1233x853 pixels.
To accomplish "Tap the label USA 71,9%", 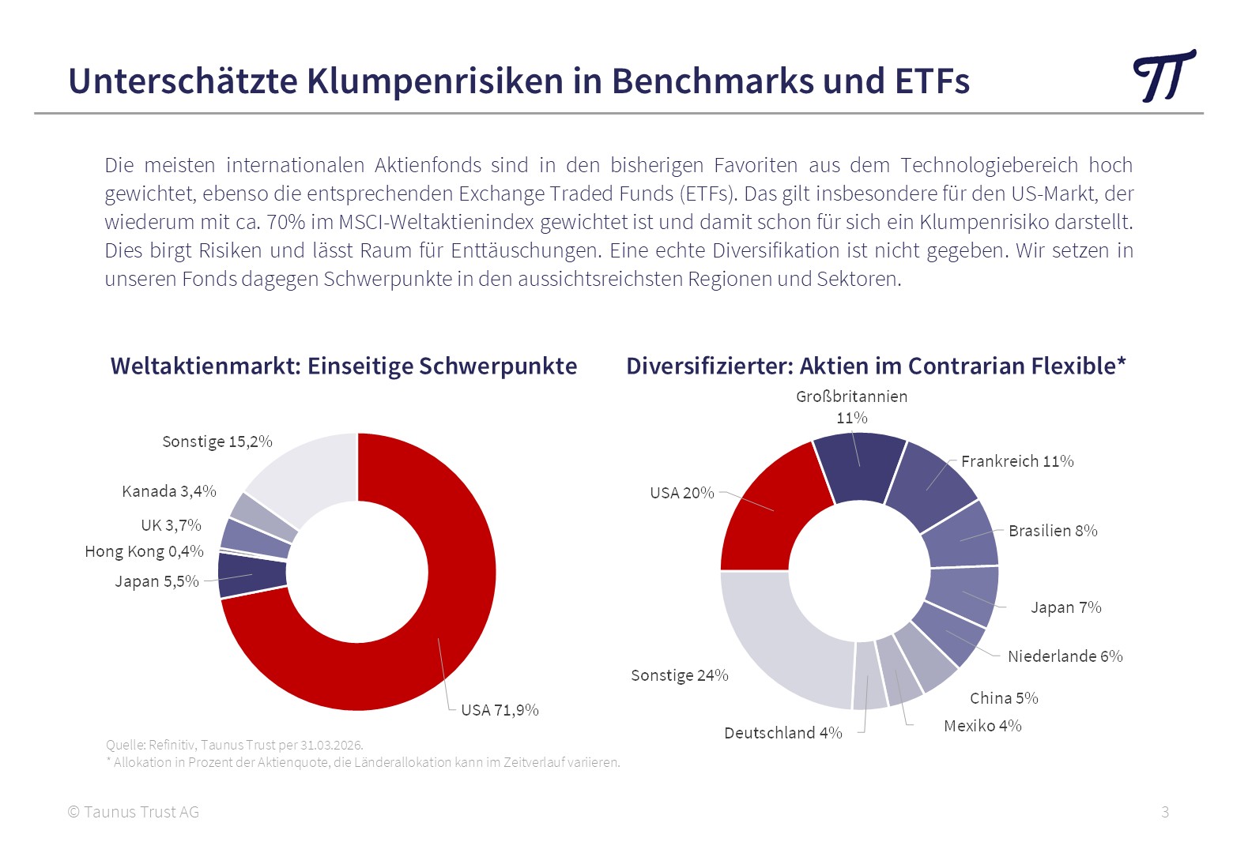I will click(500, 710).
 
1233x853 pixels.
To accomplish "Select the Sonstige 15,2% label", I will click(217, 442).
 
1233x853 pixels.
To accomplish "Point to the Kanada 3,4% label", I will click(169, 491).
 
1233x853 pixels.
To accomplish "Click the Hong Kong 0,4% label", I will click(144, 551).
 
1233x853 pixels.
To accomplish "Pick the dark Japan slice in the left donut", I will click(251, 574).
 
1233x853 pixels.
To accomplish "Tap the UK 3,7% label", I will click(171, 525).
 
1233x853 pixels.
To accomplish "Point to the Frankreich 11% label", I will click(1017, 461).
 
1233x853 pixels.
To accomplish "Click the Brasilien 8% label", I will click(1053, 531).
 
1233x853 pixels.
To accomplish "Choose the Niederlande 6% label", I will click(1065, 656).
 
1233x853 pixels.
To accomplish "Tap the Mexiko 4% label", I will click(982, 725).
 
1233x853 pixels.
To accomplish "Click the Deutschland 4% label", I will click(783, 733).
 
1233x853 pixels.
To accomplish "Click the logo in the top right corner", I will click(1163, 76).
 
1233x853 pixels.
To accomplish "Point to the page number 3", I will click(1165, 812).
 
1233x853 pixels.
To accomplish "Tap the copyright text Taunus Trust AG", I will click(134, 812).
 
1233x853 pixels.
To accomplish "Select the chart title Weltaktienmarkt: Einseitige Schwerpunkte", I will click(344, 366).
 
